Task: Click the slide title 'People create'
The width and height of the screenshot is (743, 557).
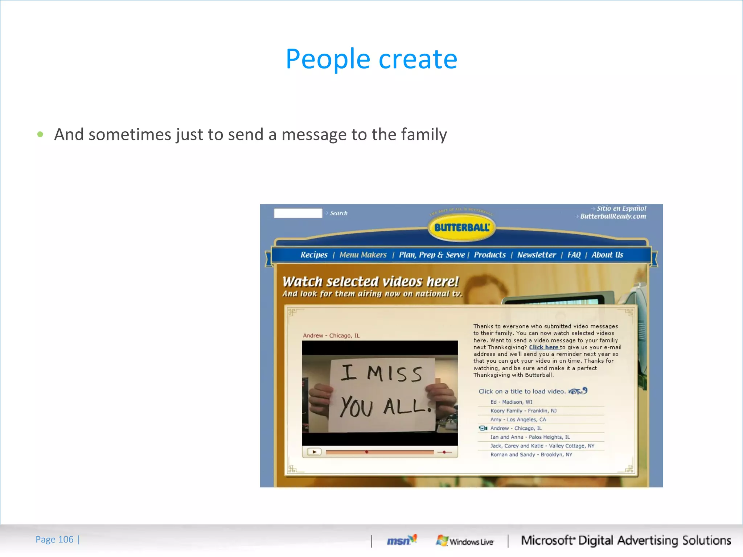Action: (x=371, y=59)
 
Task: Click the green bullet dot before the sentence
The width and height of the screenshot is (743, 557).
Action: (x=40, y=135)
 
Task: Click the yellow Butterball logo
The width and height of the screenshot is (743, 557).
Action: (x=462, y=228)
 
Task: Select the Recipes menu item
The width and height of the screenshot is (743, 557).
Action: (x=314, y=255)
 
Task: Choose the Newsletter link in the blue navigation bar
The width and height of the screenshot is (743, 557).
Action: (x=536, y=255)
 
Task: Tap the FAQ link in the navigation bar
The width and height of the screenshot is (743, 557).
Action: (x=574, y=255)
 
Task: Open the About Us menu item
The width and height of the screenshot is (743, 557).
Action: (x=607, y=255)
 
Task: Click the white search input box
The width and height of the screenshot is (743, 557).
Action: (x=298, y=213)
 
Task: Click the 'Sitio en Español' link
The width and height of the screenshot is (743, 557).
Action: (x=621, y=209)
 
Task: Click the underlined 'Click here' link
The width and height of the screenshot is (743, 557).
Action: (x=543, y=347)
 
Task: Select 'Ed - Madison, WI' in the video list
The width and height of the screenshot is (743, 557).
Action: (x=511, y=402)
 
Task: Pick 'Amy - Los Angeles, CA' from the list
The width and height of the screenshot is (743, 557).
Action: (x=518, y=420)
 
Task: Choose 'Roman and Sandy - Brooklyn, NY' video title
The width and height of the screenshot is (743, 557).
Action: (x=531, y=455)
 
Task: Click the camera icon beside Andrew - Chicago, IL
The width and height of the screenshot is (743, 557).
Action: (x=483, y=428)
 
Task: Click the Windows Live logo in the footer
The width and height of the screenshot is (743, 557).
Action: (x=465, y=541)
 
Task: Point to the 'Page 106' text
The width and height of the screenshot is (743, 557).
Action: (x=54, y=540)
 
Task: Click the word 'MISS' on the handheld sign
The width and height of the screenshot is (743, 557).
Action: (x=395, y=374)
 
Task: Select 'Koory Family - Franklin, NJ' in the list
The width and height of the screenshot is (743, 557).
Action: (x=523, y=411)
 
